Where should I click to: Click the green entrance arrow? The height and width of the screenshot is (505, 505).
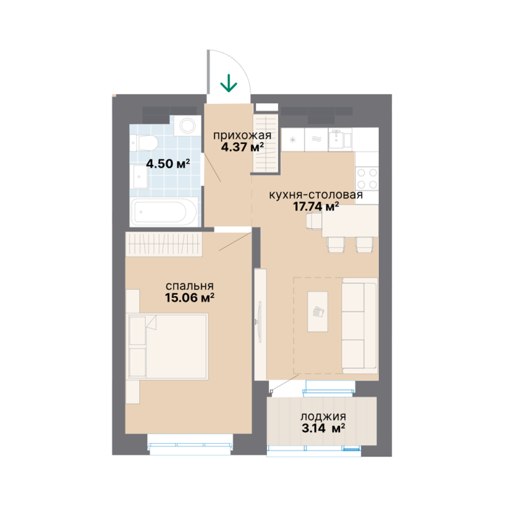click(x=229, y=83)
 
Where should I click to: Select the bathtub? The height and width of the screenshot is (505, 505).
click(x=164, y=212)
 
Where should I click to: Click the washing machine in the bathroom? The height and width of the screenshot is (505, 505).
click(x=187, y=126)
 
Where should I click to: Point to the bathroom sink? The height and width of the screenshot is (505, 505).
click(x=139, y=177)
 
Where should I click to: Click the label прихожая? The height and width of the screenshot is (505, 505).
click(x=242, y=135)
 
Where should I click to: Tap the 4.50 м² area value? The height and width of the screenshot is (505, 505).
click(x=168, y=164)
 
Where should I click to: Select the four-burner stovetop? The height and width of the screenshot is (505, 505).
click(x=367, y=178)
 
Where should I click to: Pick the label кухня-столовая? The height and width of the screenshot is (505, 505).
click(x=316, y=195)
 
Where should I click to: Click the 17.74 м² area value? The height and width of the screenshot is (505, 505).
click(x=316, y=206)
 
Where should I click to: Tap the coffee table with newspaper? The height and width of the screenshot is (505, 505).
click(x=318, y=312)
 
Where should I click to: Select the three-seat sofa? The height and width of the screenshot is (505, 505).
click(x=360, y=325)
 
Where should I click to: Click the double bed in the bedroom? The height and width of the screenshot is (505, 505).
click(x=168, y=347)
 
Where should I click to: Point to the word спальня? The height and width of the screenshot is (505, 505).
click(x=189, y=286)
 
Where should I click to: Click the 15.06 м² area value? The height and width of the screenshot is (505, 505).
click(x=189, y=298)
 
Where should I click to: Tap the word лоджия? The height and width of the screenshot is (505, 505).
click(x=324, y=417)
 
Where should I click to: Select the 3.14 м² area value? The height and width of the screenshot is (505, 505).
click(x=324, y=428)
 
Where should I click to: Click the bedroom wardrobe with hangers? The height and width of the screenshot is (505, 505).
click(x=164, y=244)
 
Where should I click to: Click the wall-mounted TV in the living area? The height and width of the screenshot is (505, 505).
click(x=259, y=322)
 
